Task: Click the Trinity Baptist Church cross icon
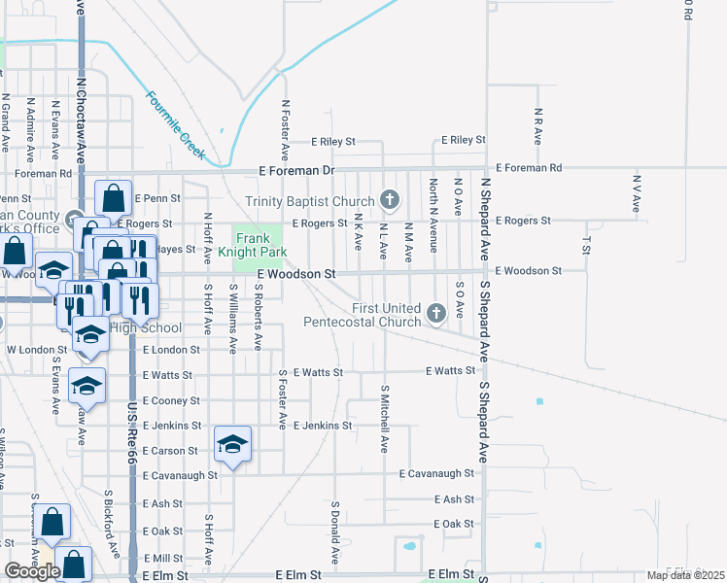pyautogui.click(x=390, y=200)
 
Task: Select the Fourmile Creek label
pyautogui.click(x=176, y=124)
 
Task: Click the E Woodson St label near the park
pyautogui.click(x=296, y=275)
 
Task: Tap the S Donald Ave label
pyautogui.click(x=334, y=533)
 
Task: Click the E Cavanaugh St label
pyautogui.click(x=436, y=473)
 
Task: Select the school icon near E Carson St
pyautogui.click(x=232, y=445)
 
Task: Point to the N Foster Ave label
pyautogui.click(x=286, y=129)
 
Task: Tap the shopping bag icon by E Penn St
pyautogui.click(x=114, y=198)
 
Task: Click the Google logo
pyautogui.click(x=32, y=571)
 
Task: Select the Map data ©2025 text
pyautogui.click(x=684, y=575)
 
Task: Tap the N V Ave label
pyautogui.click(x=638, y=194)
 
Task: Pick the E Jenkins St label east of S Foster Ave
pyautogui.click(x=322, y=426)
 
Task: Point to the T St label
pyautogui.click(x=587, y=238)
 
